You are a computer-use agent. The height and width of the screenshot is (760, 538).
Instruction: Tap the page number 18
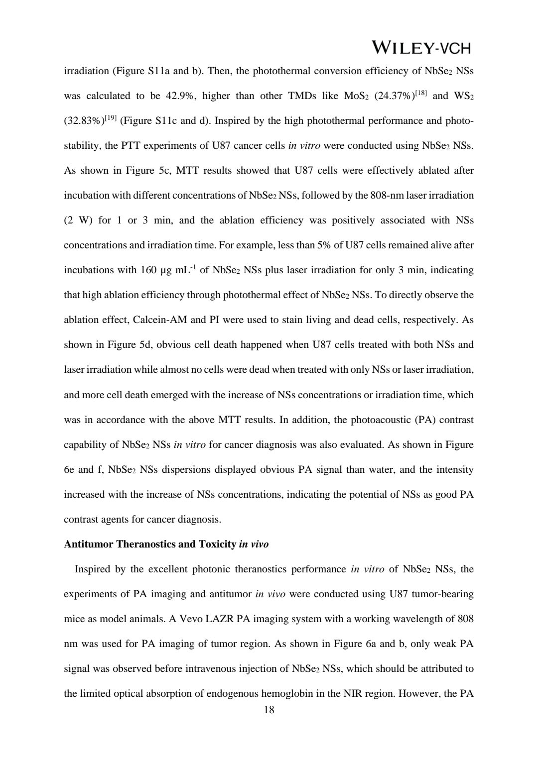point(269,710)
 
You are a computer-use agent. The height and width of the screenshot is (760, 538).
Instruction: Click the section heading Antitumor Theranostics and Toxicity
point(150,544)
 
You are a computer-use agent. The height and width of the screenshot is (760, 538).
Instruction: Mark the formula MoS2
point(357,96)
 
